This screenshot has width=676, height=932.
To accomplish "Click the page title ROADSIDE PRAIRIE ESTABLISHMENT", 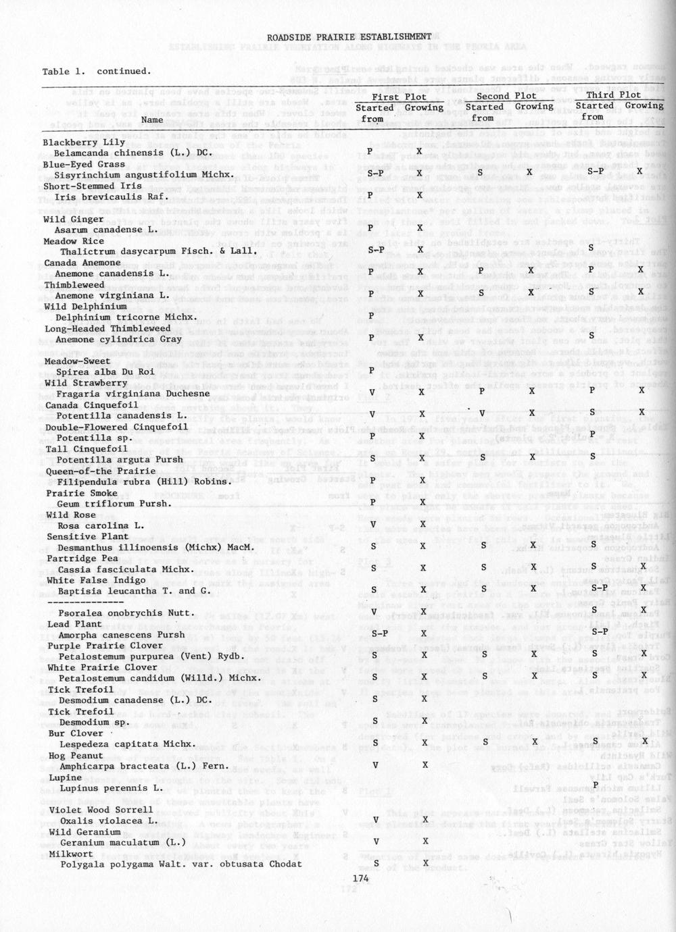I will [x=349, y=36].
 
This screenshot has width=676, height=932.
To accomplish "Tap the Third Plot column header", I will [x=613, y=95].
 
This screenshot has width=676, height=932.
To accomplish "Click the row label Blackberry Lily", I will [x=84, y=143].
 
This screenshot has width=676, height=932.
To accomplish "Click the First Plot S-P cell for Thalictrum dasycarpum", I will [x=376, y=250].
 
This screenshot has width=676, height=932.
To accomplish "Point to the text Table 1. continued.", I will [x=96, y=71].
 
